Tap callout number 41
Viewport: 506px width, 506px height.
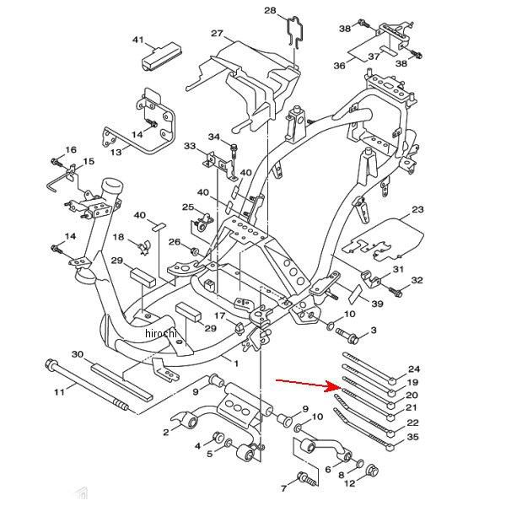138,40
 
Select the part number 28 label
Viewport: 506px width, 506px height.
270,11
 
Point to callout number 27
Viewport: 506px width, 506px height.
217,34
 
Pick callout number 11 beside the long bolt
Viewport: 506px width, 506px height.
59,391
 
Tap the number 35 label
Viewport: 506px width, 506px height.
412,437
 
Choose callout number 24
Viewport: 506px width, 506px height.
412,369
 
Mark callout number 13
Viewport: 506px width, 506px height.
116,152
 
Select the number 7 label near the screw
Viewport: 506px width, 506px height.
284,487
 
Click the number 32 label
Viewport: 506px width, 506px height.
417,281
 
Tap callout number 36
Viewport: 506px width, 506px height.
339,65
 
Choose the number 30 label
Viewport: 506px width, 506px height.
78,354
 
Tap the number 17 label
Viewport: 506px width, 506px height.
218,315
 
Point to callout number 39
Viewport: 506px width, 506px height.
377,304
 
